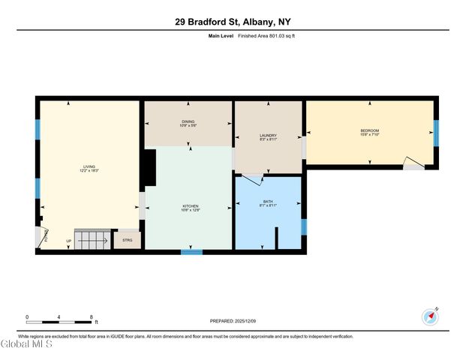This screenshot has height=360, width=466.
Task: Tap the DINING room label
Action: coord(188,123)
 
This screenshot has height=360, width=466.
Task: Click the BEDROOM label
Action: coord(370,131)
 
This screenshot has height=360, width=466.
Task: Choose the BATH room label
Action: coord(268,204)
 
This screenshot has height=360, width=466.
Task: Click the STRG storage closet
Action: coord(127,241)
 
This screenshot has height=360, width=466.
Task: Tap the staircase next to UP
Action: coord(92,240)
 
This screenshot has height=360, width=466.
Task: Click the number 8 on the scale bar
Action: coord(92,316)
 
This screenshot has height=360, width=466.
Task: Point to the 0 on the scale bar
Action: coord(27,316)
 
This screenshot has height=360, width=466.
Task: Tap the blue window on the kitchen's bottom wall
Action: coord(191,252)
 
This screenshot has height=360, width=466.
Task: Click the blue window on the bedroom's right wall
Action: coord(436,133)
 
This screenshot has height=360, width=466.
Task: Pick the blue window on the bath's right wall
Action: coord(304,226)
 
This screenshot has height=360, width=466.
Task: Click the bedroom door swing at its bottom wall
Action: coord(413,163)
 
